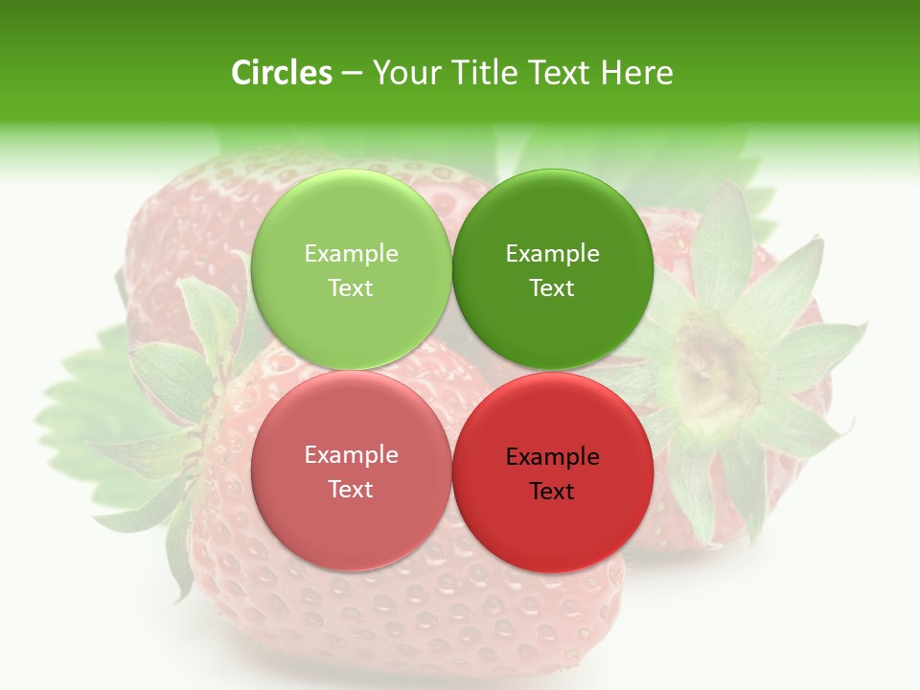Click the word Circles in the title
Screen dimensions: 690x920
pyautogui.click(x=281, y=73)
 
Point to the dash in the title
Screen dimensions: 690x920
pyautogui.click(x=351, y=74)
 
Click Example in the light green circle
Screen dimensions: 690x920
pyautogui.click(x=351, y=253)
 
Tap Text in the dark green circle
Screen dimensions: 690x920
pyautogui.click(x=552, y=287)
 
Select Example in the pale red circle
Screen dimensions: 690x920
pyautogui.click(x=351, y=454)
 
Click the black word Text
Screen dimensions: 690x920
pyautogui.click(x=552, y=491)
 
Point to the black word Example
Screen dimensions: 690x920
pyautogui.click(x=552, y=456)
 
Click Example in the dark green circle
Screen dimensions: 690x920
pyautogui.click(x=552, y=253)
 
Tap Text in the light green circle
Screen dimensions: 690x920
pyautogui.click(x=351, y=287)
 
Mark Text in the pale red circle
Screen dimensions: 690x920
pyautogui.click(x=351, y=489)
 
